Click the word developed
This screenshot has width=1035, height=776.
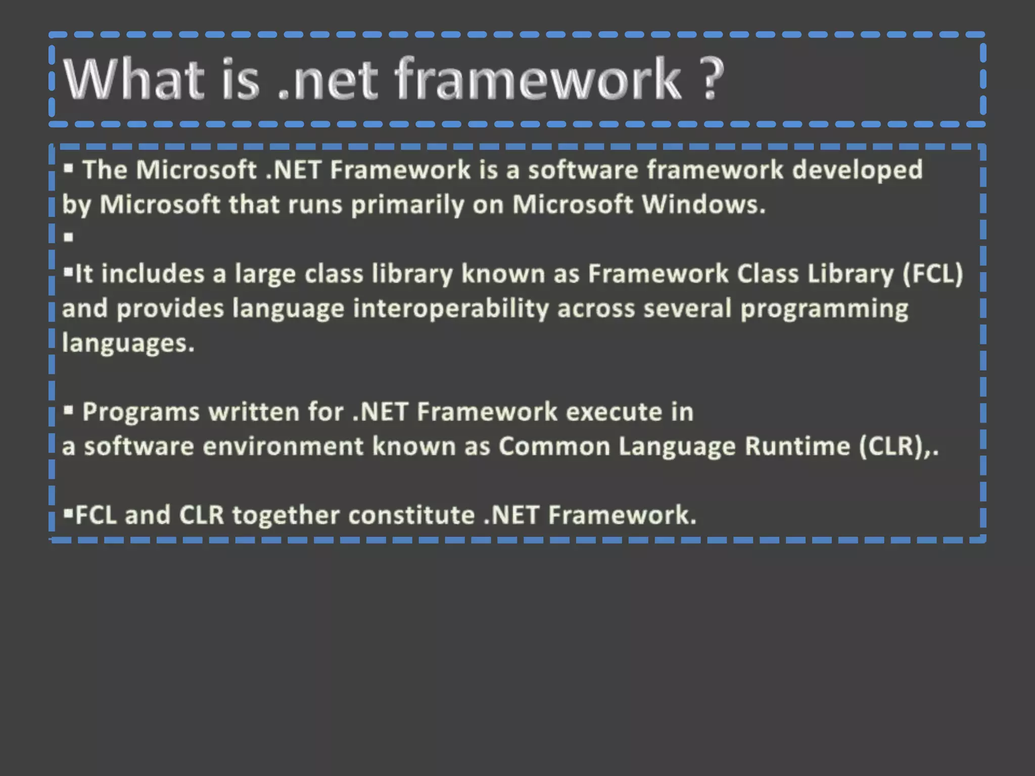(x=857, y=170)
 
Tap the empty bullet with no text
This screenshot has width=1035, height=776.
(x=69, y=237)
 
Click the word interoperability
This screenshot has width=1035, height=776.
(x=451, y=309)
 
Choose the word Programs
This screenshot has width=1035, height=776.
(x=141, y=412)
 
